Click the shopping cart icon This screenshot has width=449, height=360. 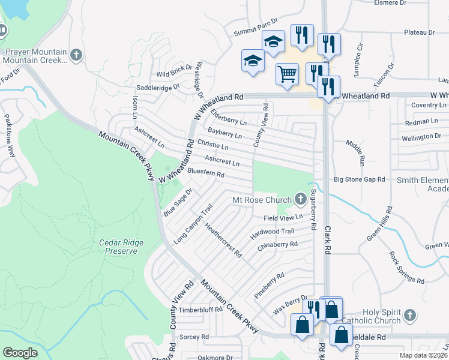287,74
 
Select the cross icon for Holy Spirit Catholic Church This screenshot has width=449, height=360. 409,315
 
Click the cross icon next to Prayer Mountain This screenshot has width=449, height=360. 75,56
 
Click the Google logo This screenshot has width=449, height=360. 20,353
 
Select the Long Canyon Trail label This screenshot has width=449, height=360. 193,223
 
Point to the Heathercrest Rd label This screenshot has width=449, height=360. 223,241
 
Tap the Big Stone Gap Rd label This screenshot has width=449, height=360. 359,179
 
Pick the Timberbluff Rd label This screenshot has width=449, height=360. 201,310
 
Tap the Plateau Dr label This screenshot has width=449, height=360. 419,32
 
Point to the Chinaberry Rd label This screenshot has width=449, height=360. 277,245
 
